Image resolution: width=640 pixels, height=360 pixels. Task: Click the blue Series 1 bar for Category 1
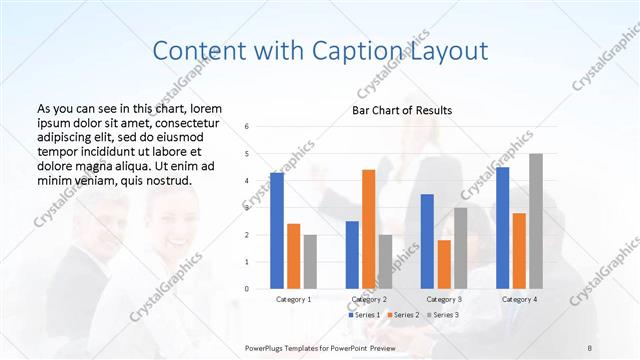pyautogui.click(x=277, y=231)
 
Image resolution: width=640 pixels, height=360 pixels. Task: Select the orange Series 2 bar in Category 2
pyautogui.click(x=368, y=229)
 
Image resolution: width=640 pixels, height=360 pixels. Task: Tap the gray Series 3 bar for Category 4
pyautogui.click(x=536, y=221)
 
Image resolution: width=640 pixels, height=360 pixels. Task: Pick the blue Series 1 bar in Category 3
pyautogui.click(x=427, y=241)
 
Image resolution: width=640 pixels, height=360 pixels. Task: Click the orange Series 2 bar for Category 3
pyautogui.click(x=444, y=264)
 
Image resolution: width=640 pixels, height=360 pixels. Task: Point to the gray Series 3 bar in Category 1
pyautogui.click(x=310, y=262)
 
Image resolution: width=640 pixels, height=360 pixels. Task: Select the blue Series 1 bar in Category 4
pyautogui.click(x=503, y=228)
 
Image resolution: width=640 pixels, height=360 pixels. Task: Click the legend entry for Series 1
pyautogui.click(x=366, y=315)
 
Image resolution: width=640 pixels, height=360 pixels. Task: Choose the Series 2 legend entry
pyautogui.click(x=403, y=315)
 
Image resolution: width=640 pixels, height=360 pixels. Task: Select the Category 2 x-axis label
pyautogui.click(x=369, y=299)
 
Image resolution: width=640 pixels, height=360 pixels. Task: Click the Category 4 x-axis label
pyautogui.click(x=519, y=299)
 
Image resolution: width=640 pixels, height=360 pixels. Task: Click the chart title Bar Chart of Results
pyautogui.click(x=402, y=110)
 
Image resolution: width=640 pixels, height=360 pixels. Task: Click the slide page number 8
pyautogui.click(x=590, y=347)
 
